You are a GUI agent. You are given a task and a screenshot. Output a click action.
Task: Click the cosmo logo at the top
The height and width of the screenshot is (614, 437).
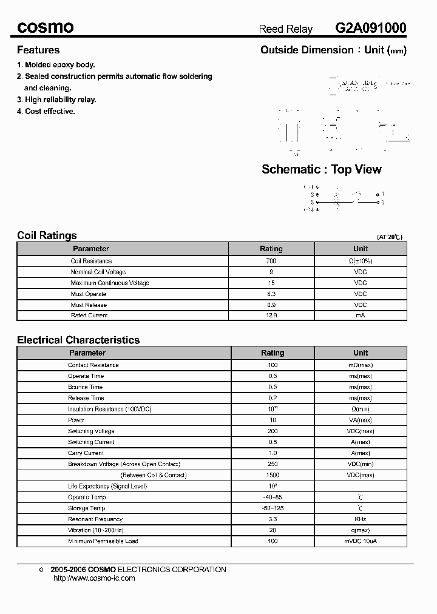click(x=46, y=27)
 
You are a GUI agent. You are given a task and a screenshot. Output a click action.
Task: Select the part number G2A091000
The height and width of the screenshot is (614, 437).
click(x=371, y=28)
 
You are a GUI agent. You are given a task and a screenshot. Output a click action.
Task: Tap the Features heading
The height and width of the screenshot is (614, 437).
click(x=38, y=50)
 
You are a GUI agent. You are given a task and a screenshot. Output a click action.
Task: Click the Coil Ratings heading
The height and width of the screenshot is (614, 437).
click(x=47, y=235)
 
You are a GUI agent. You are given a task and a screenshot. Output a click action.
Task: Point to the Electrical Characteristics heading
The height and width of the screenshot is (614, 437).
click(x=78, y=340)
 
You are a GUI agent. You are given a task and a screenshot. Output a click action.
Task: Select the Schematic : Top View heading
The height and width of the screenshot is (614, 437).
click(x=322, y=169)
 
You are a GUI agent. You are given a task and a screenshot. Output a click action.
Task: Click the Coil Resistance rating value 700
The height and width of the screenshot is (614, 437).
click(x=271, y=261)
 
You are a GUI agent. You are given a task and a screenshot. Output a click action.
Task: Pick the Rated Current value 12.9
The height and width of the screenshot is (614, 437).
click(x=271, y=315)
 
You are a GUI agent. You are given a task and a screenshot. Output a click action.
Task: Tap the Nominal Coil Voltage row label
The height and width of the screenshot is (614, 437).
click(x=98, y=272)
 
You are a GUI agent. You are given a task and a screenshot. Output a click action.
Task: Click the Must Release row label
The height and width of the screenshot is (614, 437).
click(x=89, y=305)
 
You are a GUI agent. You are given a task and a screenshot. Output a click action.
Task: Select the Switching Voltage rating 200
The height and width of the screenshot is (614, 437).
click(x=273, y=431)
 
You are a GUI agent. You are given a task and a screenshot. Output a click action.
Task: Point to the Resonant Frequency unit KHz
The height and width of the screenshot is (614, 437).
click(x=361, y=519)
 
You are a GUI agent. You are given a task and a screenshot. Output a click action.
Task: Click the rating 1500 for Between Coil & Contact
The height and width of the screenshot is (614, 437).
click(x=273, y=475)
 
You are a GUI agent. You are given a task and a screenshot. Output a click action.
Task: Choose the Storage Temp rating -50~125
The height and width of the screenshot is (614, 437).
click(x=273, y=508)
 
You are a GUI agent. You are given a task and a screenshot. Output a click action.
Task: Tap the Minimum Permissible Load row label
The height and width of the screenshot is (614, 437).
click(x=103, y=541)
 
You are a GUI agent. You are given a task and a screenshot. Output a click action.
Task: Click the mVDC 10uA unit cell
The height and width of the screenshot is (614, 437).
click(x=361, y=541)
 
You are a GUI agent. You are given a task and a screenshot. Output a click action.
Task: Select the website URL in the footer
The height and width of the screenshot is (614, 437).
click(x=94, y=578)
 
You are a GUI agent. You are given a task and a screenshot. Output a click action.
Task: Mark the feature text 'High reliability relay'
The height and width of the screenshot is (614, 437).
click(x=60, y=100)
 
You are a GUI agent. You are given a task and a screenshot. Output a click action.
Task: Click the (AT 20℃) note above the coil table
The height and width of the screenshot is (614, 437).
click(x=390, y=237)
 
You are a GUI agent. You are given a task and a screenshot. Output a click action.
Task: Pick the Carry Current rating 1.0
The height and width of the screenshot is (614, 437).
click(x=273, y=453)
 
